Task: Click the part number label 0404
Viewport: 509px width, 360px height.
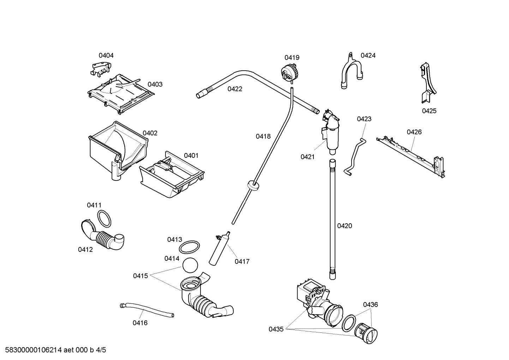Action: point(106,55)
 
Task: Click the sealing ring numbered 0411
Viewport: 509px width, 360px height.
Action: point(104,219)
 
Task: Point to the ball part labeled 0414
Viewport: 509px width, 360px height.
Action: point(190,265)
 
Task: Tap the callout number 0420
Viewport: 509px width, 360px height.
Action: point(345,226)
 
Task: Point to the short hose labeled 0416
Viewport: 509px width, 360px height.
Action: point(146,309)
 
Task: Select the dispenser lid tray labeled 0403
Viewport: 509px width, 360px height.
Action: point(120,93)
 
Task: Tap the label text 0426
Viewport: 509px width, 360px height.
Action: point(414,132)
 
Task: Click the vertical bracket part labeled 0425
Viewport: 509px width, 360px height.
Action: point(427,83)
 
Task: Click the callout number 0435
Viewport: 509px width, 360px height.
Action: point(276,329)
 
